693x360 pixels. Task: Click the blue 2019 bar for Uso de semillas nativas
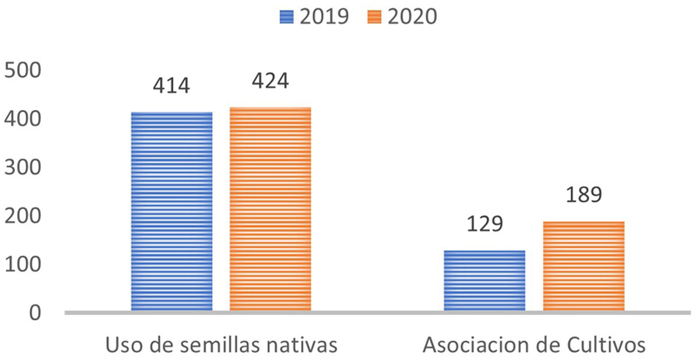tap(172, 212)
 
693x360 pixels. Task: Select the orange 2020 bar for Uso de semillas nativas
tap(270, 210)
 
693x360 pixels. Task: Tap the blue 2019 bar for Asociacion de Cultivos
tap(485, 281)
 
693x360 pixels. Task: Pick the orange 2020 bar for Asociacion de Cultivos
tap(583, 267)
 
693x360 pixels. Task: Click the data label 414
tap(172, 86)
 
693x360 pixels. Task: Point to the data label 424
tap(270, 81)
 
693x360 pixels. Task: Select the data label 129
tap(485, 224)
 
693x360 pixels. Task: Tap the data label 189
tap(583, 194)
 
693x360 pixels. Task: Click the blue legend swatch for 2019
tap(286, 17)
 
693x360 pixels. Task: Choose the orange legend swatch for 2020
tap(375, 17)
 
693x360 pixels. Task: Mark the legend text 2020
tap(412, 17)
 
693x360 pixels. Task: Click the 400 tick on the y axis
tap(23, 119)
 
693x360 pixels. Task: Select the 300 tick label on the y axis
tap(23, 168)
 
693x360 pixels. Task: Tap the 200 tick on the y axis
tap(23, 216)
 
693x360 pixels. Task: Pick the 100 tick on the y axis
tap(23, 265)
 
